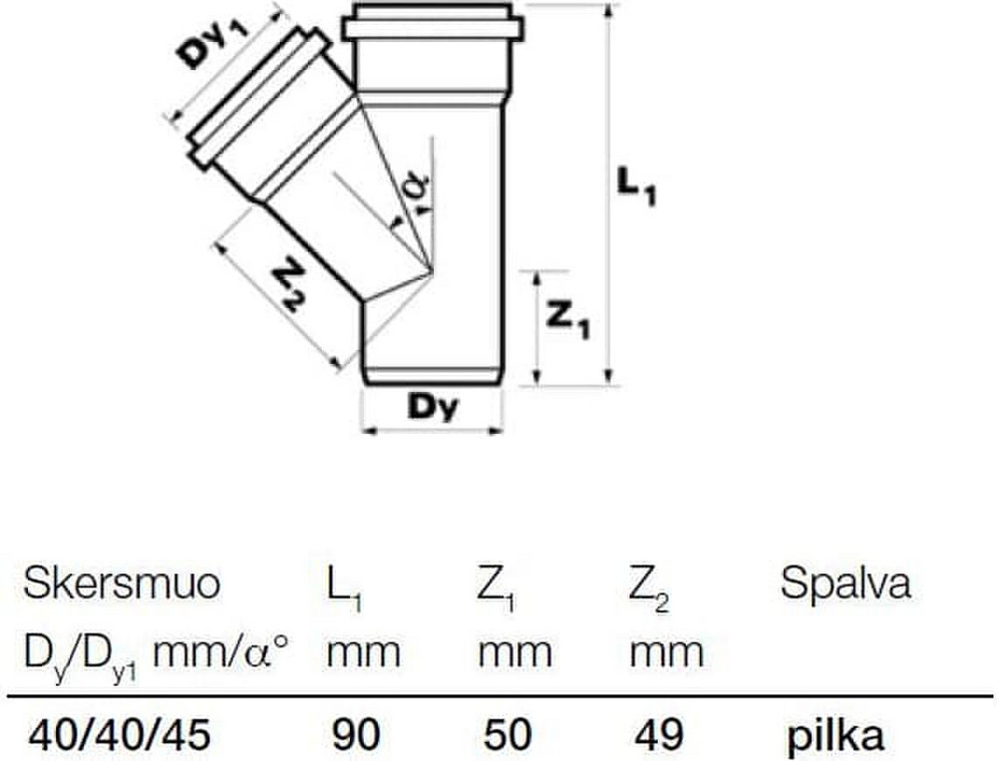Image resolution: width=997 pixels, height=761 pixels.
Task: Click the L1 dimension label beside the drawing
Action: [636, 187]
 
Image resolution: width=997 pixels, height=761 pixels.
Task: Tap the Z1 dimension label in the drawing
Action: [568, 319]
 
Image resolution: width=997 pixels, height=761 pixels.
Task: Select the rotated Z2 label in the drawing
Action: [288, 287]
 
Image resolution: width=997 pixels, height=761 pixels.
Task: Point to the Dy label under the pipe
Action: [432, 407]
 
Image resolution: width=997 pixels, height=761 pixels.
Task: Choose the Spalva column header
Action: [845, 583]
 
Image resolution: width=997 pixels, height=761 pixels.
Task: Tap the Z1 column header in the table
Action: [496, 588]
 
